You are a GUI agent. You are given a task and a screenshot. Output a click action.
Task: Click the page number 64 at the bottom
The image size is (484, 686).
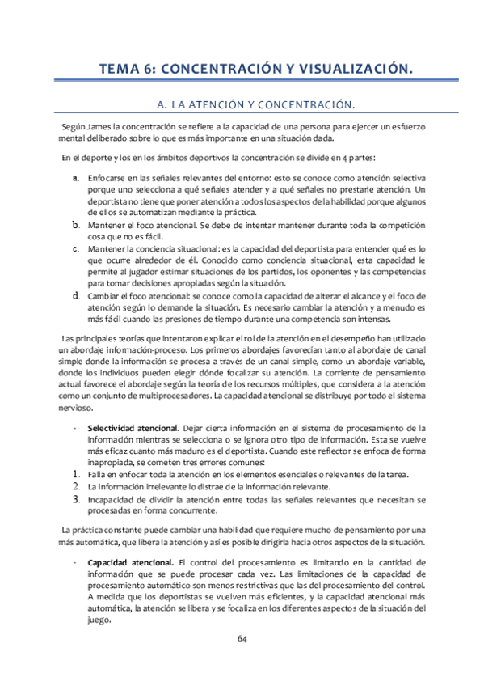coord(242,638)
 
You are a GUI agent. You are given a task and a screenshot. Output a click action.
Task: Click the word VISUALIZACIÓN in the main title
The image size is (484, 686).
coord(351,70)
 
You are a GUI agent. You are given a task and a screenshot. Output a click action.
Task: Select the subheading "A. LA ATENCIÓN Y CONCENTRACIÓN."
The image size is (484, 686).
coord(242,104)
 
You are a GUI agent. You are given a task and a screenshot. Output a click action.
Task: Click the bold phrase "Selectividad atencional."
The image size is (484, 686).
coord(133,427)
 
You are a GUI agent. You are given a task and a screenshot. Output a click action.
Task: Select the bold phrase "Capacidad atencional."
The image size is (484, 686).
coord(130,561)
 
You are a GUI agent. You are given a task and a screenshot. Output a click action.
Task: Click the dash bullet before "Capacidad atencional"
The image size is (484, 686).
coord(74,561)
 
